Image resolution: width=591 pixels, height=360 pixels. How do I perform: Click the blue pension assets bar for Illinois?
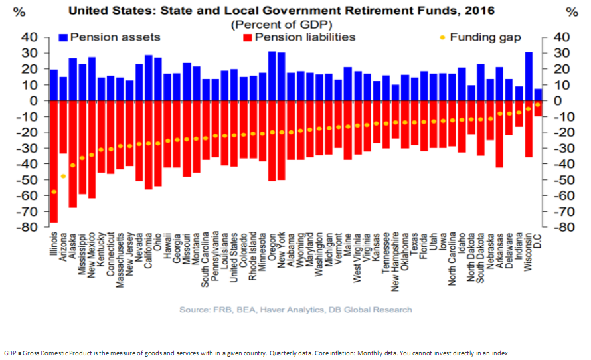54,85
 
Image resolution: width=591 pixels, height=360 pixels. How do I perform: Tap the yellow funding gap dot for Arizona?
63,176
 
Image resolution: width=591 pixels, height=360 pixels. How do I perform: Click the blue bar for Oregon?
272,76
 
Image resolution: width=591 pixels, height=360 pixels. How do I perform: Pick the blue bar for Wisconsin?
529,76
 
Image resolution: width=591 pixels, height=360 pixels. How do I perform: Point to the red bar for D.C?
538,108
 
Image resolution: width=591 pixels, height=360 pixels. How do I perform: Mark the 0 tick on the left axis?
32,101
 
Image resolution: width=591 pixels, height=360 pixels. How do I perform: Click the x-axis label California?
149,249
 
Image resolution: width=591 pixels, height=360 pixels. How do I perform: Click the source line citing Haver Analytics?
295,309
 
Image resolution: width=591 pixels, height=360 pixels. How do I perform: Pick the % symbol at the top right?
572,11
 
